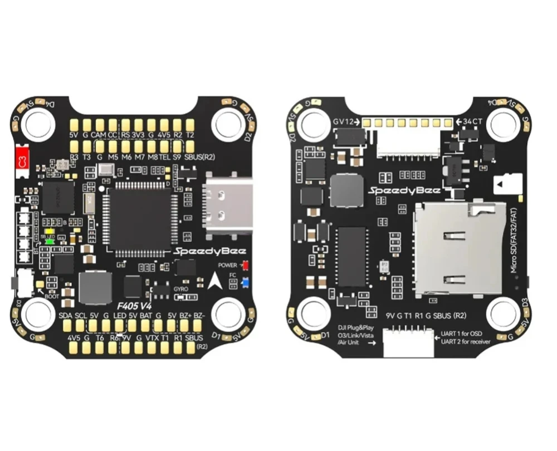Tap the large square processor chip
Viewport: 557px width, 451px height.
pos(141,218)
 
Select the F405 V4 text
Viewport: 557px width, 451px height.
pos(136,306)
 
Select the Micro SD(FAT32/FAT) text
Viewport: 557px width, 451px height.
pos(515,245)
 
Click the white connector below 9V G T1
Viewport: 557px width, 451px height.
pos(409,342)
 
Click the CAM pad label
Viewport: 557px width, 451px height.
pos(99,135)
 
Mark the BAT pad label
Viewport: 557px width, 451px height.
pos(146,317)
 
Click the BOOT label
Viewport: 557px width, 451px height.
pos(52,297)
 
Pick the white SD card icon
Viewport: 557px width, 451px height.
pos(511,184)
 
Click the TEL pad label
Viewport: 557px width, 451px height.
pos(164,158)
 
